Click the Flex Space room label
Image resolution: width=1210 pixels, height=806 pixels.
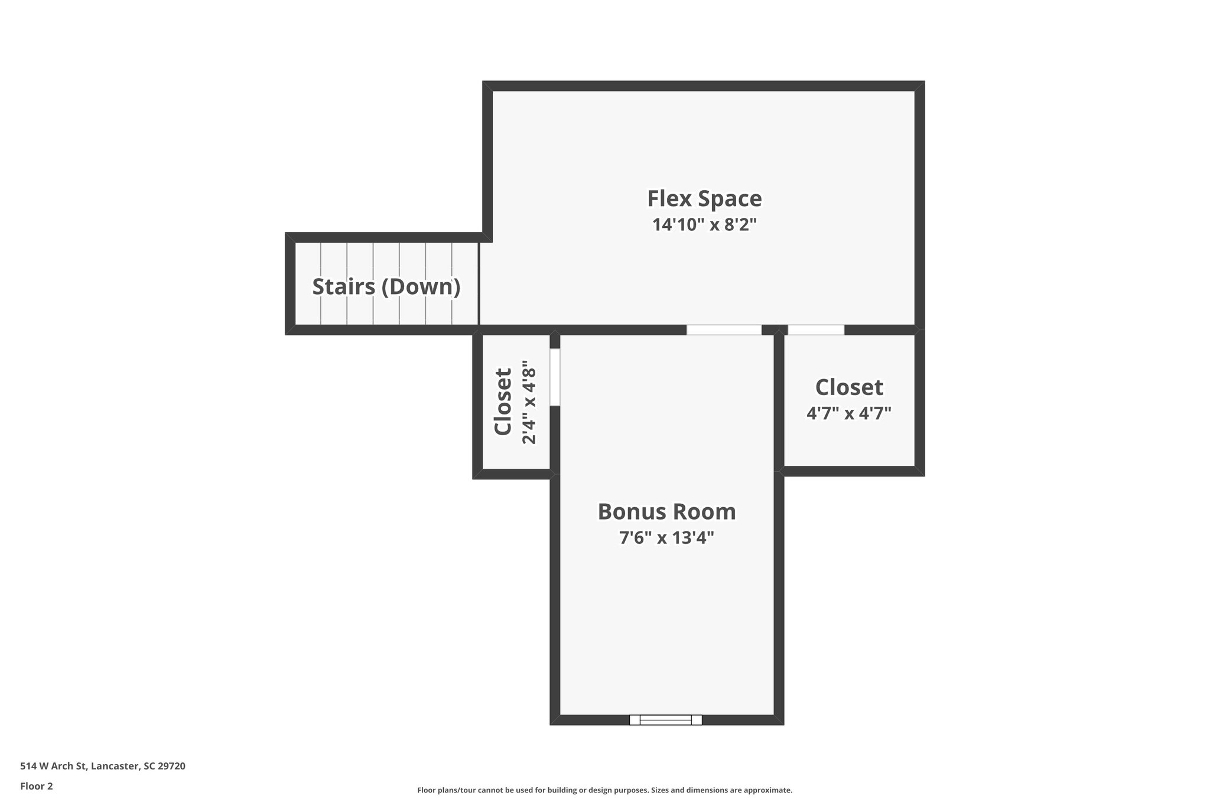pyautogui.click(x=704, y=199)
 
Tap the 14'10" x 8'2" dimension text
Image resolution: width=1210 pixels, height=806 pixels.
pyautogui.click(x=704, y=225)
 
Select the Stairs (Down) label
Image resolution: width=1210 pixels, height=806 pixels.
pyautogui.click(x=386, y=287)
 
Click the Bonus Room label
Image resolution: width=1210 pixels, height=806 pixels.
pyautogui.click(x=666, y=512)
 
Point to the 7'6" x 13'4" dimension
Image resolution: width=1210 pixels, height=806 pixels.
pyautogui.click(x=666, y=538)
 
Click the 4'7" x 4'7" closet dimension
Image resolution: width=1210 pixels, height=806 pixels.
pyautogui.click(x=848, y=413)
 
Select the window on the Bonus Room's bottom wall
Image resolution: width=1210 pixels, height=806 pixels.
pyautogui.click(x=665, y=720)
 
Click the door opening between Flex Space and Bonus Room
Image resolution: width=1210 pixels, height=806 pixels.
pyautogui.click(x=724, y=330)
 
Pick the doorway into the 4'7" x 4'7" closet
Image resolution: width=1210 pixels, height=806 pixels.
pyautogui.click(x=816, y=330)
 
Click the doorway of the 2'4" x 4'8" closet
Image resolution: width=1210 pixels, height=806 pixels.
pyautogui.click(x=555, y=377)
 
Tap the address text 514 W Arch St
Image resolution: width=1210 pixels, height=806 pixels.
pyautogui.click(x=54, y=766)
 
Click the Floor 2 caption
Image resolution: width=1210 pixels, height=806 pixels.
pyautogui.click(x=37, y=786)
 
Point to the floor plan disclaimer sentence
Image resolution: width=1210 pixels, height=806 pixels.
pyautogui.click(x=604, y=790)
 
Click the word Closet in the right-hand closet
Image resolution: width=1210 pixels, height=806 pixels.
pyautogui.click(x=849, y=388)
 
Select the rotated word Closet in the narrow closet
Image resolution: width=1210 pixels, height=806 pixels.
pyautogui.click(x=503, y=402)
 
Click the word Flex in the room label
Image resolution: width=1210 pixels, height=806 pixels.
pyautogui.click(x=669, y=199)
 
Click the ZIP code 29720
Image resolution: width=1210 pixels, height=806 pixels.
pyautogui.click(x=171, y=766)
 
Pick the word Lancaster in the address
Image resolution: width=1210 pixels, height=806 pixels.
pyautogui.click(x=115, y=766)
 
